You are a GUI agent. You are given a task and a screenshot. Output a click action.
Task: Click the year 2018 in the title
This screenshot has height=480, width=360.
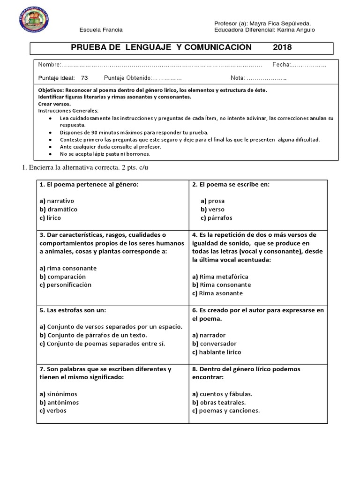pyautogui.click(x=283, y=47)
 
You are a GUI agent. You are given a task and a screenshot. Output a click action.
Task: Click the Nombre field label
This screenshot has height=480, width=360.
pyautogui.click(x=49, y=64)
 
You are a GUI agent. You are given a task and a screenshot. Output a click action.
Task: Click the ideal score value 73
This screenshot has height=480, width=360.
pyautogui.click(x=84, y=78)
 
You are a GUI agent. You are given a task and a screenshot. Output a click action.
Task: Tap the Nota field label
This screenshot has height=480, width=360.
pyautogui.click(x=238, y=78)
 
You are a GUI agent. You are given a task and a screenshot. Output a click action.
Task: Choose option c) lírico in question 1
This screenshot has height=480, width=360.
pyautogui.click(x=51, y=218)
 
